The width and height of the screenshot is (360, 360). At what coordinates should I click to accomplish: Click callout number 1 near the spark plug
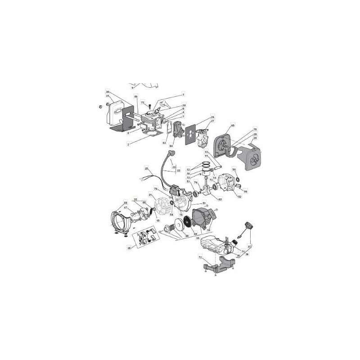click(184, 95)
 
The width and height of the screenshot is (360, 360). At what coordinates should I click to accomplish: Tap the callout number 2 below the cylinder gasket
click(128, 144)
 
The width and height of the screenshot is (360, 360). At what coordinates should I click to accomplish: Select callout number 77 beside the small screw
click(143, 103)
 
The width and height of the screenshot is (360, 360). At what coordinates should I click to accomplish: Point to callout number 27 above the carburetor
click(213, 121)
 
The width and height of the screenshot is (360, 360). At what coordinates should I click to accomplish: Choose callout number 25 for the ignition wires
click(146, 169)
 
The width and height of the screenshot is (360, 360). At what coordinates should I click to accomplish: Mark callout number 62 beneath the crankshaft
click(220, 199)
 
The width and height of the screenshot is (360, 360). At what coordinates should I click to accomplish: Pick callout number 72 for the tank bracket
click(200, 256)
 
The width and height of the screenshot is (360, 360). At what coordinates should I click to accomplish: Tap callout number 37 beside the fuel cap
click(250, 247)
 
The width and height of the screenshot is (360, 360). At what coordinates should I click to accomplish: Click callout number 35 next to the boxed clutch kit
click(129, 247)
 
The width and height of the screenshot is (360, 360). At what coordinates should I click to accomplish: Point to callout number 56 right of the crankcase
click(245, 191)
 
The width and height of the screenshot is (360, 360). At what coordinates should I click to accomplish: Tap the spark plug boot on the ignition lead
click(171, 155)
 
